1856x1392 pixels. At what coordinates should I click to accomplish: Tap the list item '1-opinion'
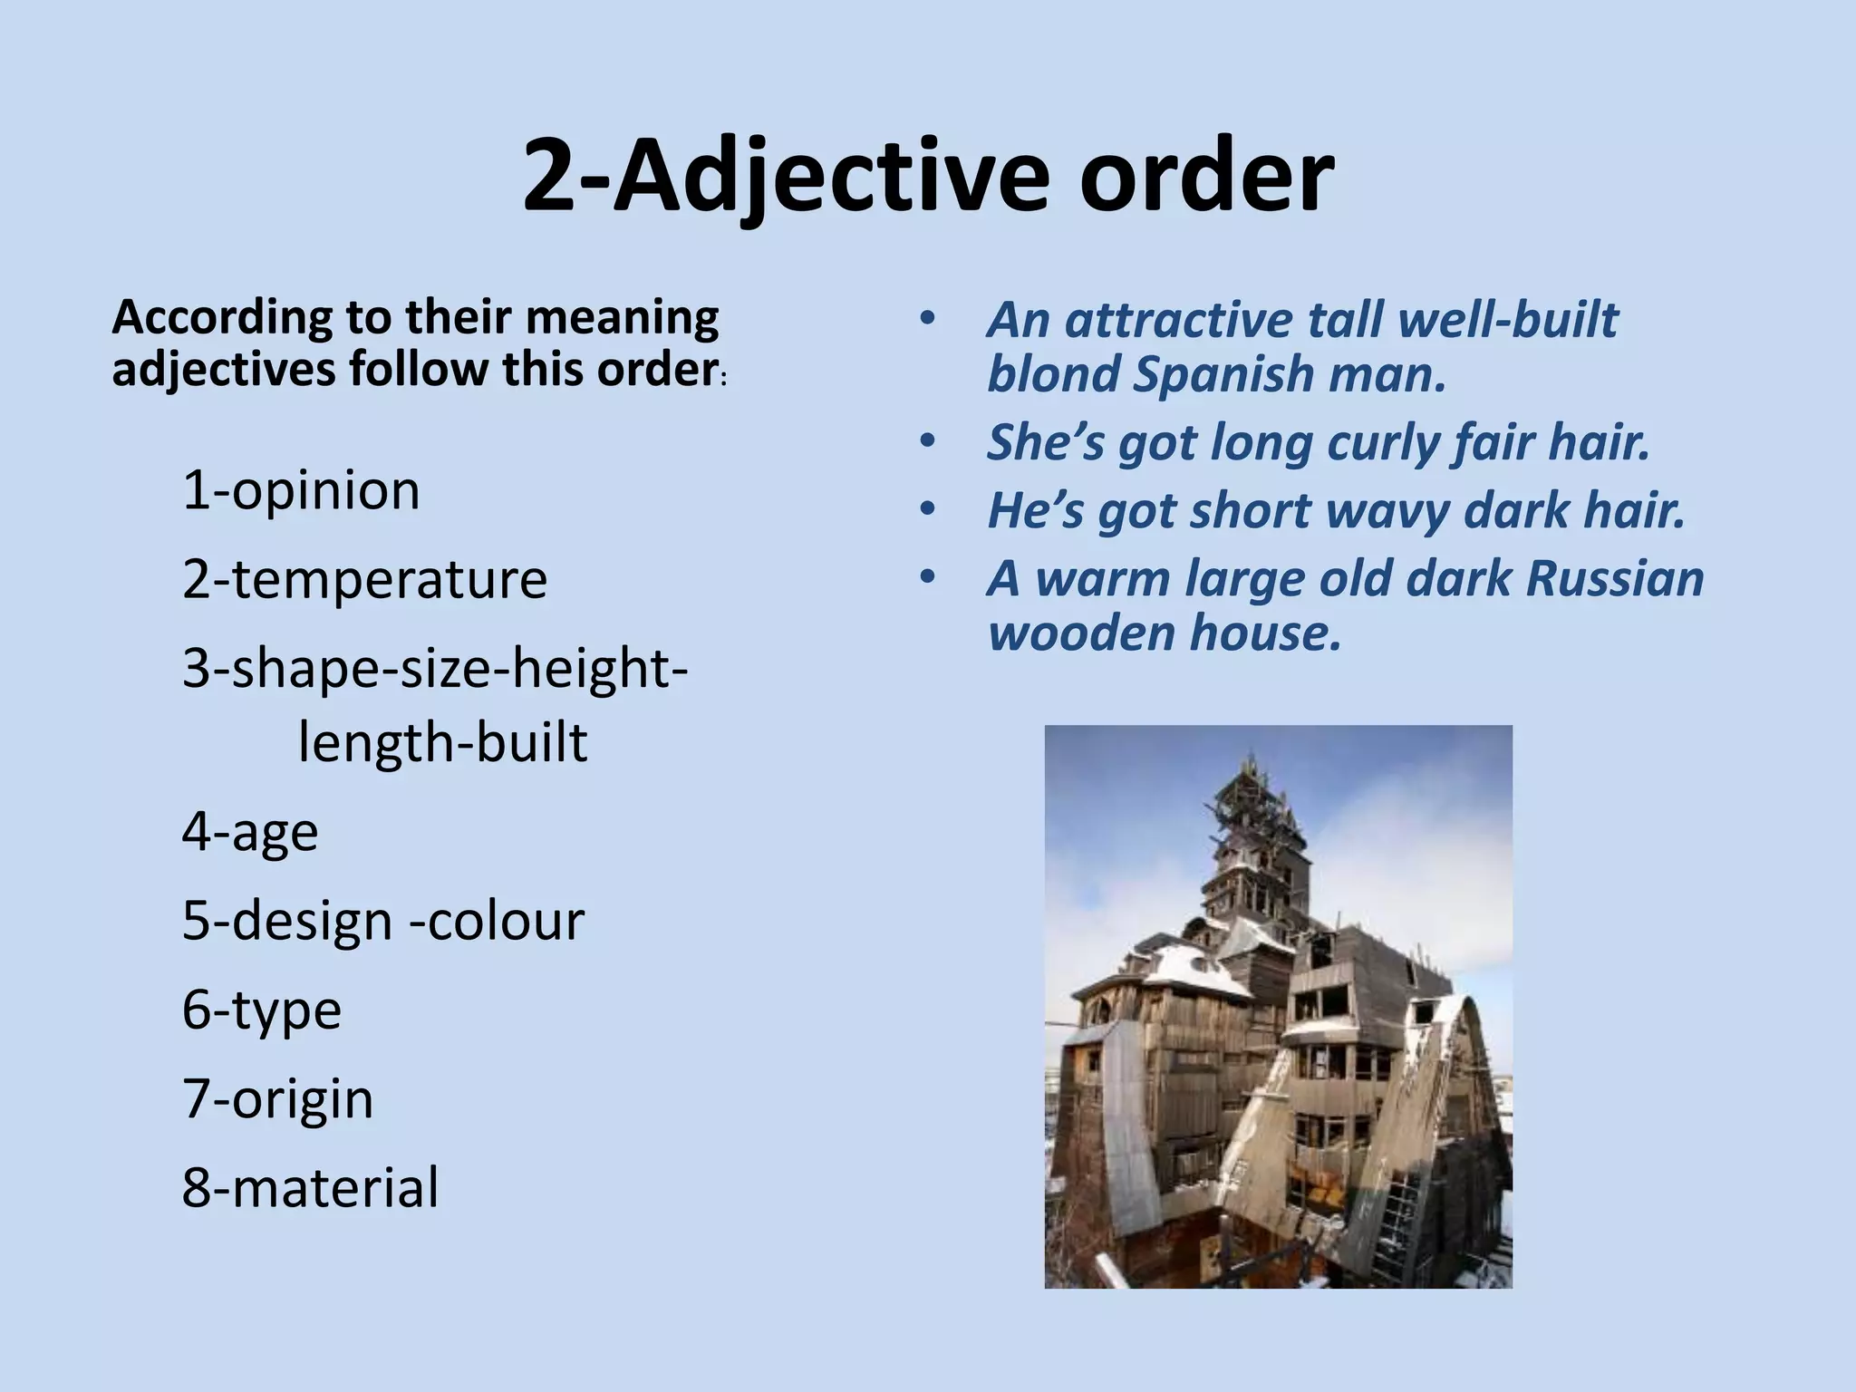(x=301, y=491)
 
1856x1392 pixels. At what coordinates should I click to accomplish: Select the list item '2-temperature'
(x=364, y=580)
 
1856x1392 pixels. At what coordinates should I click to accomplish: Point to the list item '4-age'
(x=250, y=832)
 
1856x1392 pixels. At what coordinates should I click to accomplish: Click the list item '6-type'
(x=261, y=1010)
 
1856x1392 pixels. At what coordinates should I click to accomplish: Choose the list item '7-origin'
(x=277, y=1098)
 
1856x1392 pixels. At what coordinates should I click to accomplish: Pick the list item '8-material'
(x=310, y=1187)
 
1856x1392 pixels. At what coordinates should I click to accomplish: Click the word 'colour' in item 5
(x=506, y=921)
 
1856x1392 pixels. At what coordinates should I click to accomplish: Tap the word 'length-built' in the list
(x=442, y=743)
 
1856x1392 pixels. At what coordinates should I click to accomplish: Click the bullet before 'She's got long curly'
(x=925, y=443)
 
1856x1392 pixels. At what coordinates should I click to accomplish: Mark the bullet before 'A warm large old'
(x=925, y=579)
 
